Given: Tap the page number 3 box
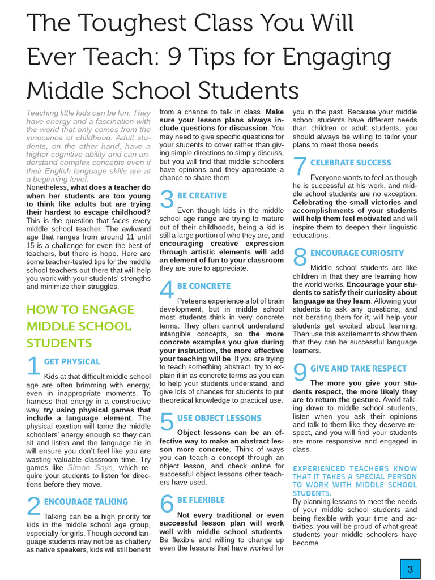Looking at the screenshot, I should [x=411, y=569].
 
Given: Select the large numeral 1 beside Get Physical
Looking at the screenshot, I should [x=33, y=366].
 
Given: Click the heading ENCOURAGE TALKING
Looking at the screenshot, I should [x=86, y=501].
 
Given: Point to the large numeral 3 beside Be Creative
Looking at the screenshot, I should [x=167, y=199].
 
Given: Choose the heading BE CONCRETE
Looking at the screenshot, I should [x=203, y=286].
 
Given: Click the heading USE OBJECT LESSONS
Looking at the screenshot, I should [x=219, y=418].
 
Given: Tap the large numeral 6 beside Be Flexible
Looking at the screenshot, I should [x=167, y=504].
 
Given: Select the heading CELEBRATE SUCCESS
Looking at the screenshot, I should [x=350, y=163].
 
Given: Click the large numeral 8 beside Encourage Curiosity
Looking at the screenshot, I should [x=300, y=257].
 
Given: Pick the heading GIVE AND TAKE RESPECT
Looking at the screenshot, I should [x=358, y=368].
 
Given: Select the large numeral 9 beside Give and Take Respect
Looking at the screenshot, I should [x=300, y=373].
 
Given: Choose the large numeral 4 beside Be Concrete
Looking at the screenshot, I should [x=167, y=290].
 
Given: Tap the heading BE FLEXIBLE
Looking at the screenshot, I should [x=201, y=500].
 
